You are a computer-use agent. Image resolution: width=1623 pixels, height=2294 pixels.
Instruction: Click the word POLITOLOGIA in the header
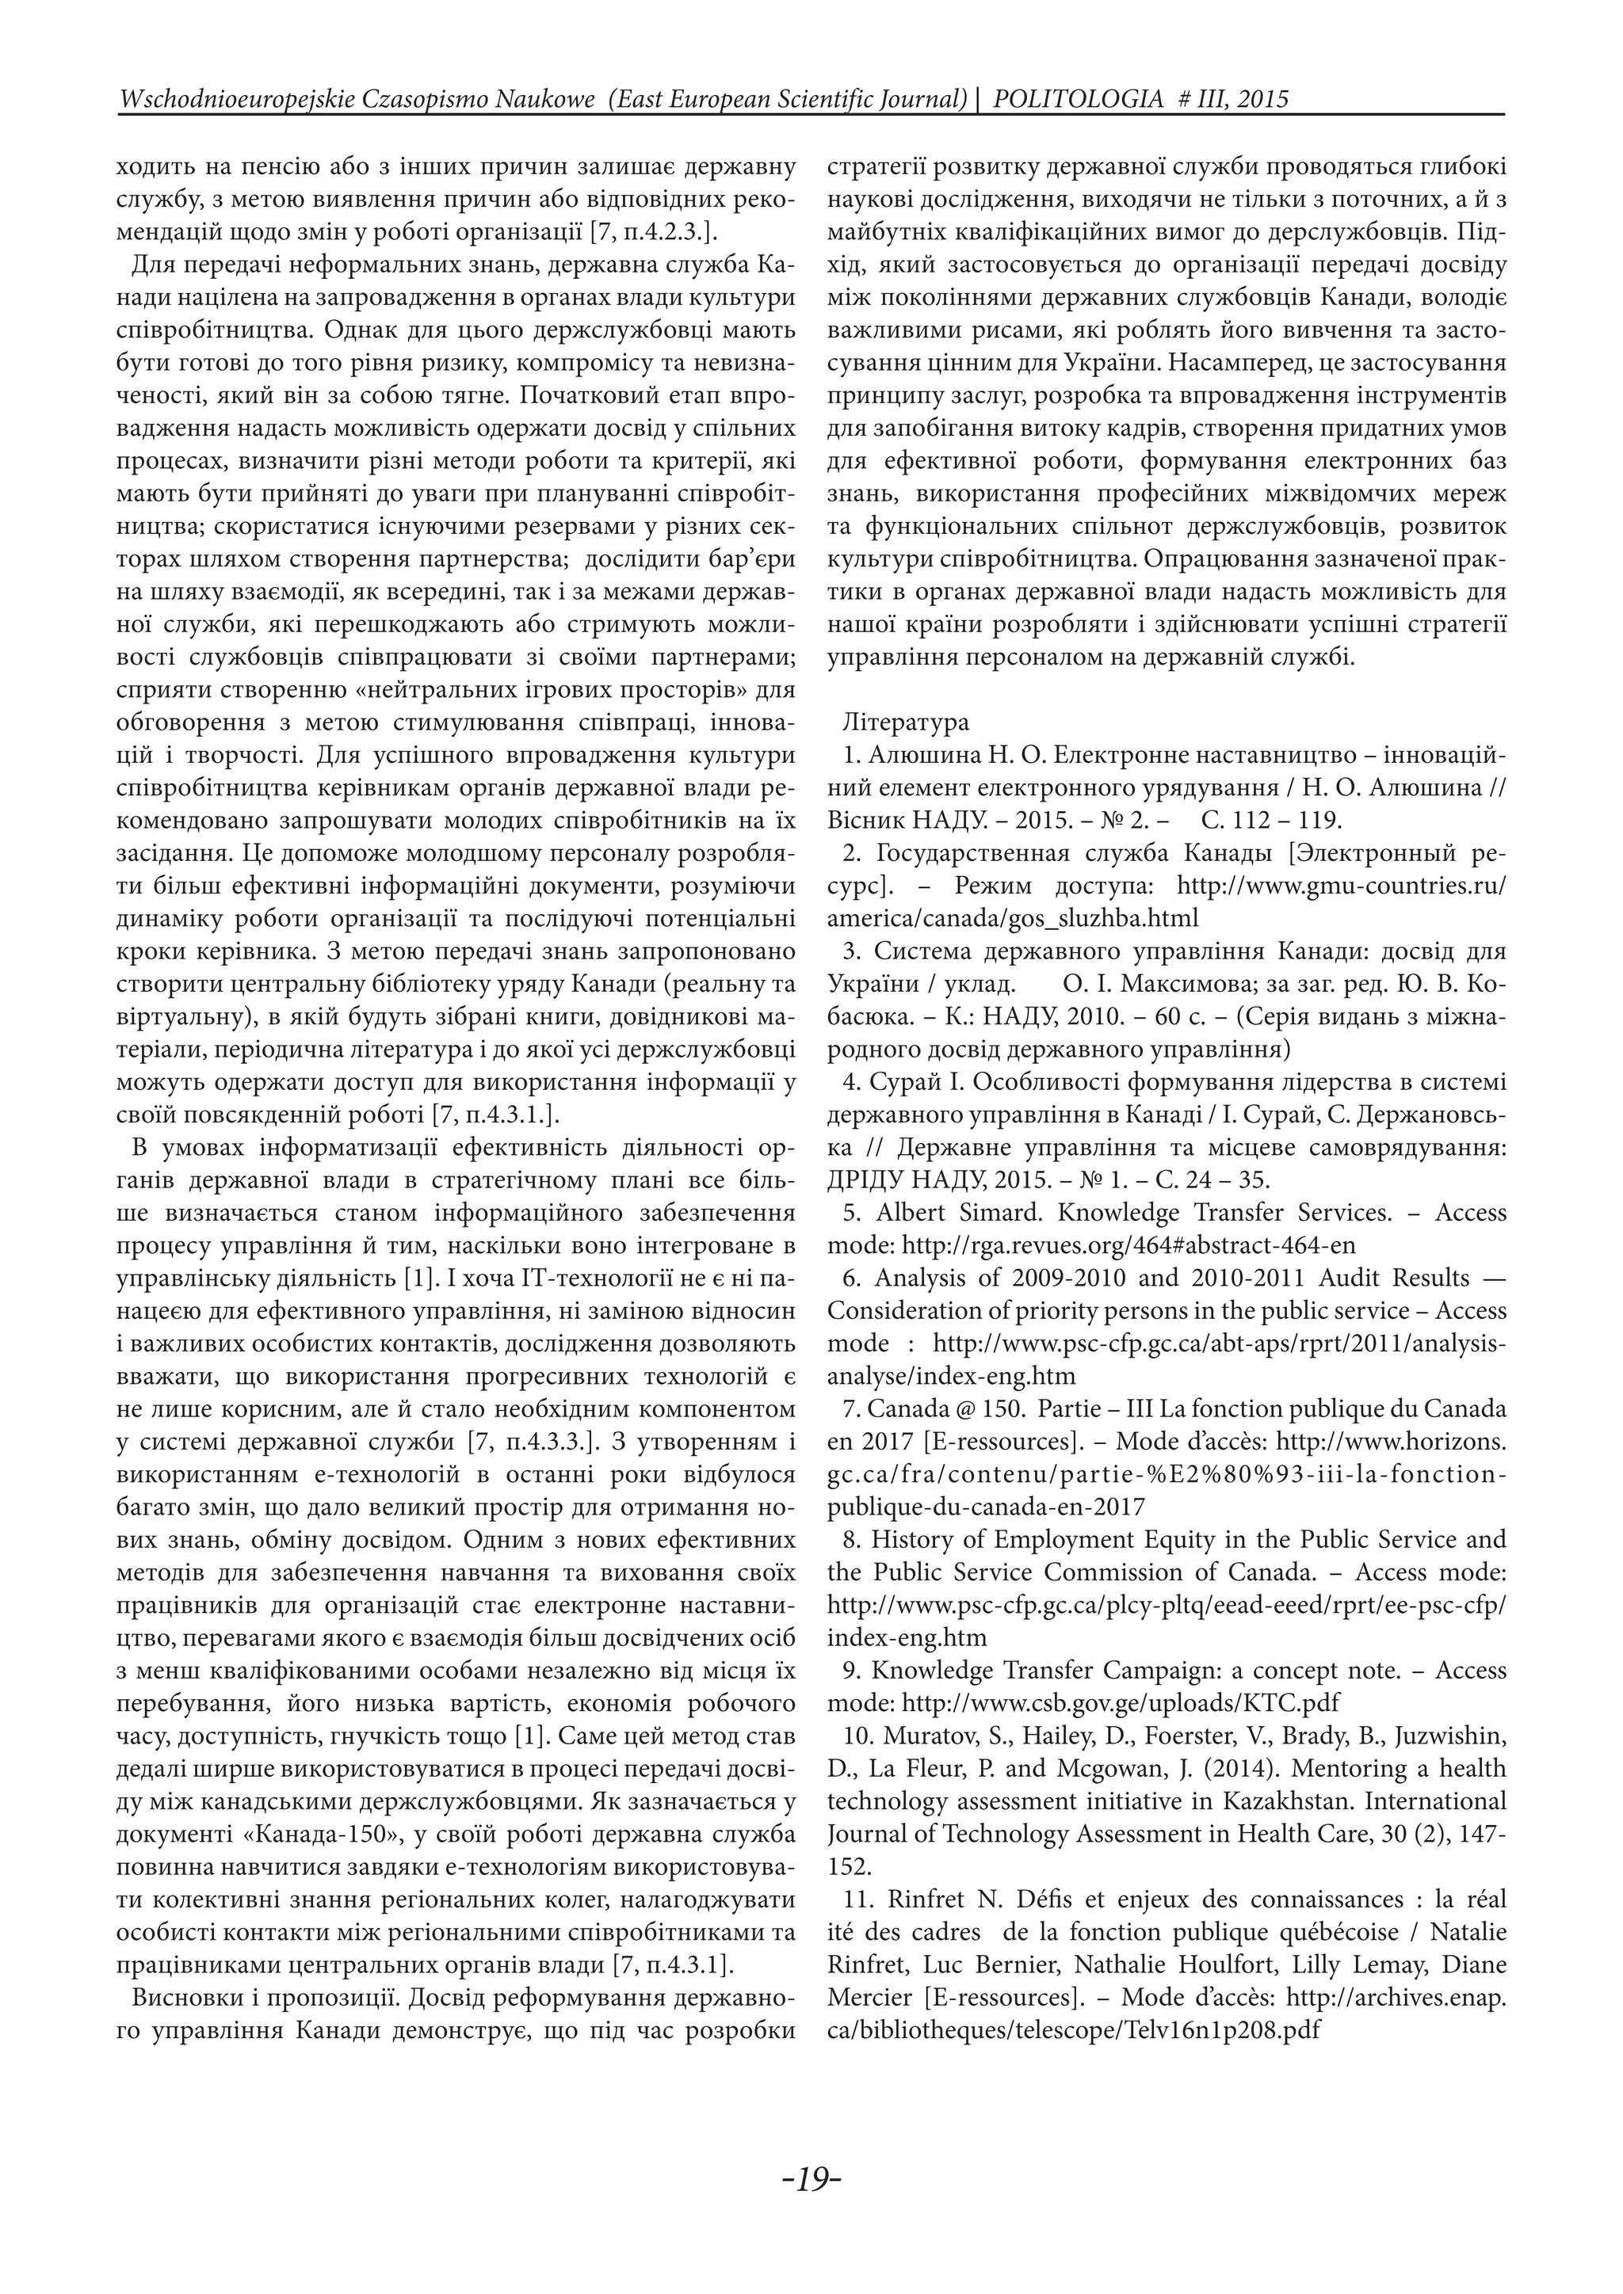(x=1079, y=99)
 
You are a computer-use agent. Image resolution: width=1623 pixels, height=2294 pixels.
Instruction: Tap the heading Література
(x=906, y=722)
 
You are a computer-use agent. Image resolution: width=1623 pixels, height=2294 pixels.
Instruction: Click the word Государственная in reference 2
(x=1022, y=853)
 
